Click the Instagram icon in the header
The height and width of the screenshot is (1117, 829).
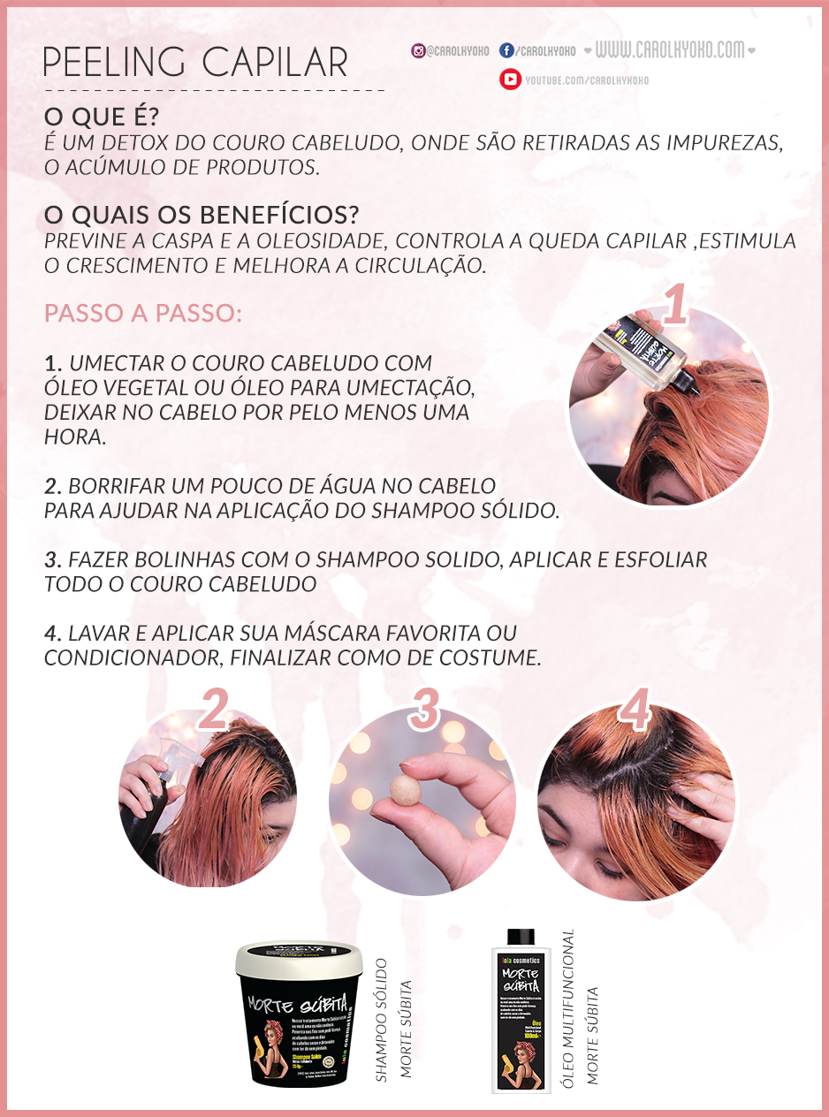(418, 51)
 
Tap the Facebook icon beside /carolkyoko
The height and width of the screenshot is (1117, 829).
(506, 51)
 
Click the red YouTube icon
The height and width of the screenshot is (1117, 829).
(510, 80)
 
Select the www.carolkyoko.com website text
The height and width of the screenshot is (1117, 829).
(669, 50)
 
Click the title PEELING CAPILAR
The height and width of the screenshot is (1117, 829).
(195, 62)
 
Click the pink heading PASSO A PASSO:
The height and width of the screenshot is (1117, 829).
(142, 314)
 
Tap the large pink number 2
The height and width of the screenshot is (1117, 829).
(214, 710)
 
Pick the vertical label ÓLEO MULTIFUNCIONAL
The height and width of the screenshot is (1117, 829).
(568, 1007)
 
